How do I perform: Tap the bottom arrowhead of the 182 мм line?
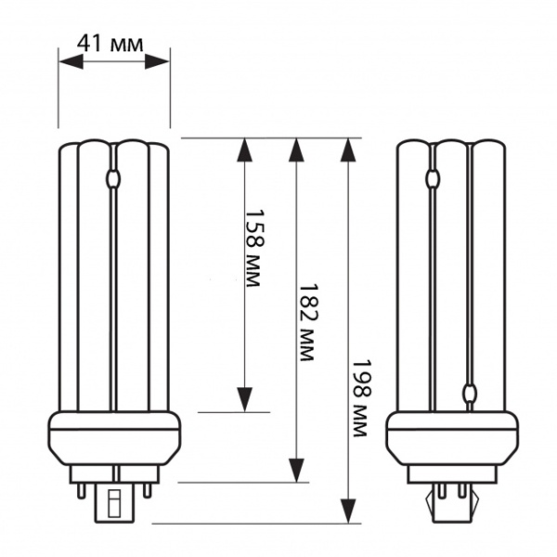297,471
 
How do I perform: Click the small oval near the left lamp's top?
114,178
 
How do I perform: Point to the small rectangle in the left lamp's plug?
114,504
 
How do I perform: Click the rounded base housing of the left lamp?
114,441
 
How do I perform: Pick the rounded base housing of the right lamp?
451,441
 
